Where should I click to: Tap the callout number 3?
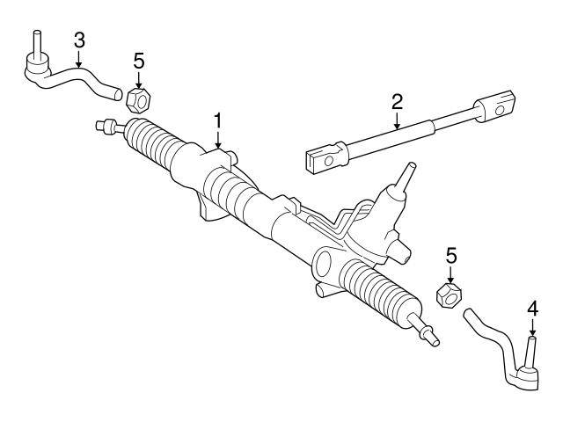pyautogui.click(x=79, y=40)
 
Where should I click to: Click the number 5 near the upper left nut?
pyautogui.click(x=137, y=62)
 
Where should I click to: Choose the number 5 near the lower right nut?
pyautogui.click(x=451, y=256)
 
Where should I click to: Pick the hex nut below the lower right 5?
pyautogui.click(x=449, y=293)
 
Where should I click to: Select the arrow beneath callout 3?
pyautogui.click(x=79, y=60)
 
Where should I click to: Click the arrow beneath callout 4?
pyautogui.click(x=531, y=327)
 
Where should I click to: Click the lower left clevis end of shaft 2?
pyautogui.click(x=323, y=158)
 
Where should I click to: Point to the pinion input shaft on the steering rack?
pyautogui.click(x=404, y=179)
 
